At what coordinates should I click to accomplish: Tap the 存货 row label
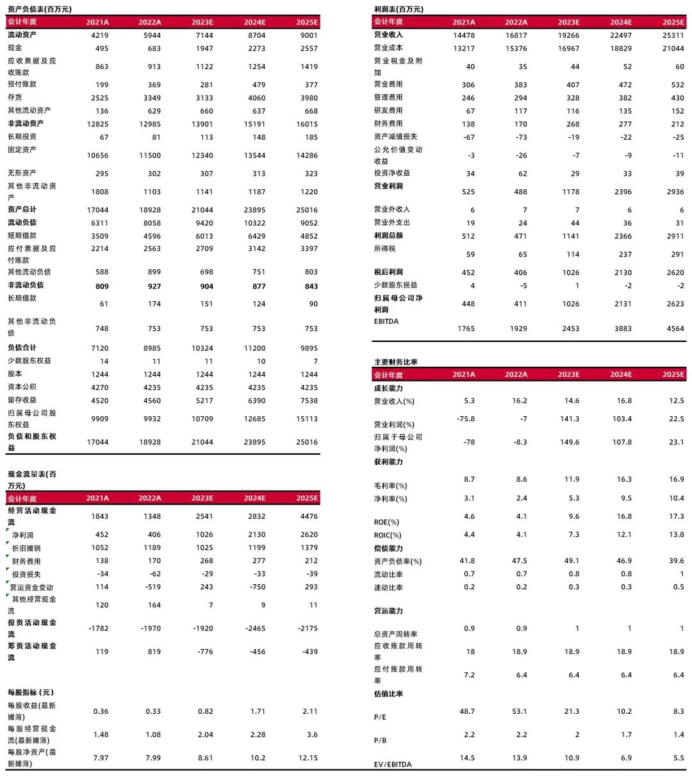[15, 97]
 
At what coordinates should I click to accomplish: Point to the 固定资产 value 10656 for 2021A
[97, 156]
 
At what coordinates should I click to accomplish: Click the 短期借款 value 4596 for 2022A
[152, 236]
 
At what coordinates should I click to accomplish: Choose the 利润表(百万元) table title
[399, 9]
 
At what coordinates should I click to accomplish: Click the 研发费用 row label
[388, 111]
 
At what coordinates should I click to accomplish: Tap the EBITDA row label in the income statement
[386, 321]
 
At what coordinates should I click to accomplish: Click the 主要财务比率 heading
[395, 362]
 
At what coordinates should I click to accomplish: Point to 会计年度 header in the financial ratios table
[388, 375]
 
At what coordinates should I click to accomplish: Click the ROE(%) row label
[386, 522]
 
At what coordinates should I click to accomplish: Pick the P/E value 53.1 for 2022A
[519, 712]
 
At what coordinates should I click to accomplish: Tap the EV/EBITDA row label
[393, 764]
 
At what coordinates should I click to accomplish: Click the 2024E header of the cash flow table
[254, 498]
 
